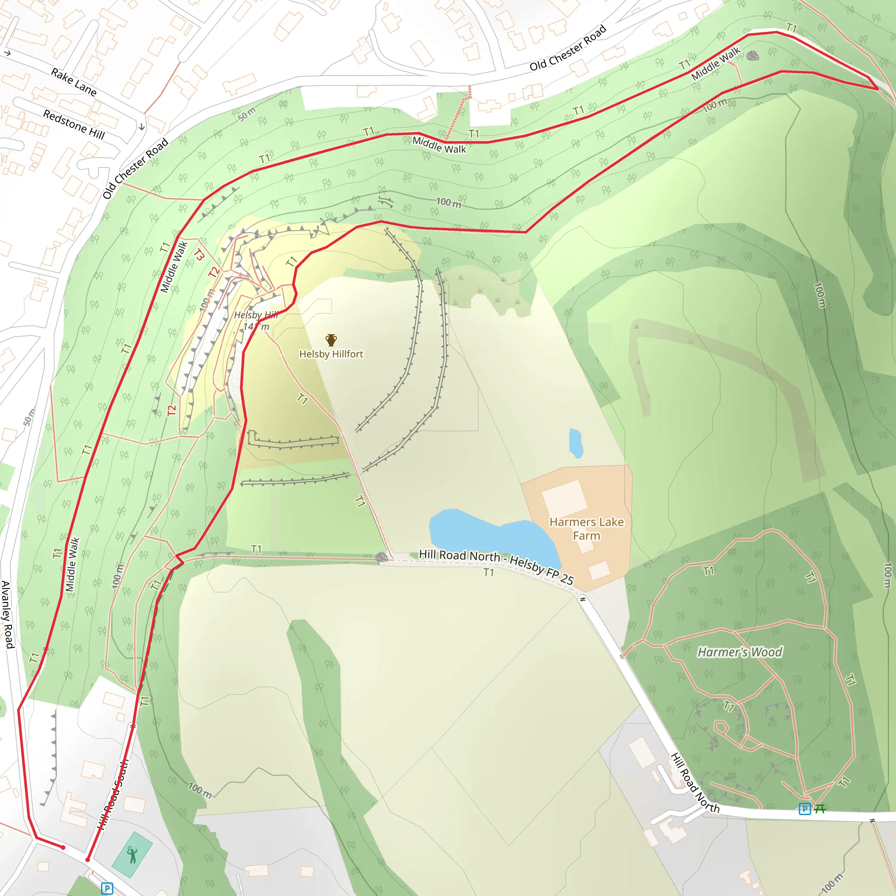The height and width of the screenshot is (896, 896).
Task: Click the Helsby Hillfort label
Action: (331, 354)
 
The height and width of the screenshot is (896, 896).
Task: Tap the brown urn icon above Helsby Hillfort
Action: (331, 340)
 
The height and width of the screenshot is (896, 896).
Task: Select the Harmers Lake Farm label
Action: (587, 528)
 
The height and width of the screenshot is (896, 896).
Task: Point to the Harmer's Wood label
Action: (740, 652)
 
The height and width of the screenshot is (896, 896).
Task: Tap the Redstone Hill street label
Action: (74, 124)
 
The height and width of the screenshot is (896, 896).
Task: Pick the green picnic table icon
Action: (819, 809)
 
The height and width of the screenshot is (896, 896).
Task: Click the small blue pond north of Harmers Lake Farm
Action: (576, 442)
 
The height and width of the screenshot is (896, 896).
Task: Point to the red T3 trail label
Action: (199, 255)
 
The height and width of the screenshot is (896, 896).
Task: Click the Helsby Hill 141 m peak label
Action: (256, 320)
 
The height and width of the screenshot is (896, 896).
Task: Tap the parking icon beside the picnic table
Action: (805, 809)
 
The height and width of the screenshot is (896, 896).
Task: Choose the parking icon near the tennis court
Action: (107, 889)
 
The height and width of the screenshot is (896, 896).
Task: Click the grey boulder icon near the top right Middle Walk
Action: (752, 56)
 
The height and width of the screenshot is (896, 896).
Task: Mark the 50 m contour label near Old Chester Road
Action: (247, 114)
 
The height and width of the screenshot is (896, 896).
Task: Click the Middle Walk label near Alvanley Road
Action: (72, 564)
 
